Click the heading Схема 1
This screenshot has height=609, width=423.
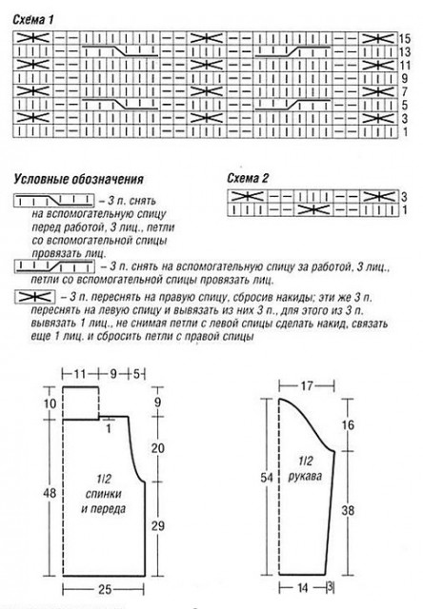33,20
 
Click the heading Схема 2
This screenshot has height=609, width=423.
248,178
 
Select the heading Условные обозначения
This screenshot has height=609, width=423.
79,179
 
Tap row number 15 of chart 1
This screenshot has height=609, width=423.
405,38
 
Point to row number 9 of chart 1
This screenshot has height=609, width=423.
405,78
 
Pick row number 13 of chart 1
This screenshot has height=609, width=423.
405,51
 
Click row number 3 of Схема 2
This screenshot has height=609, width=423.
404,196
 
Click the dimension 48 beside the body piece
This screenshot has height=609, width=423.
50,493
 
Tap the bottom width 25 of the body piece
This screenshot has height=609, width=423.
104,589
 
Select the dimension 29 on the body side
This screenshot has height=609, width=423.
158,526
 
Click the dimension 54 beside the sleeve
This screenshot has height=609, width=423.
267,478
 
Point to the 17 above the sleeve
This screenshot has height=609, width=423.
307,385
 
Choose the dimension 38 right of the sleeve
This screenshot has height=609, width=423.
348,510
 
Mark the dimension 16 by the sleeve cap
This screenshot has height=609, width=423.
348,425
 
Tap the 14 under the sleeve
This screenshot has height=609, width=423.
303,588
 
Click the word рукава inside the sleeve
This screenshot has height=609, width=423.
305,476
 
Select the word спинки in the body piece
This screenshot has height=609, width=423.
104,494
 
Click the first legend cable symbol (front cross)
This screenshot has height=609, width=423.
54,201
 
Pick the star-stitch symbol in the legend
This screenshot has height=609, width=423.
34,297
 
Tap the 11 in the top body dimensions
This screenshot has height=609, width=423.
80,374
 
